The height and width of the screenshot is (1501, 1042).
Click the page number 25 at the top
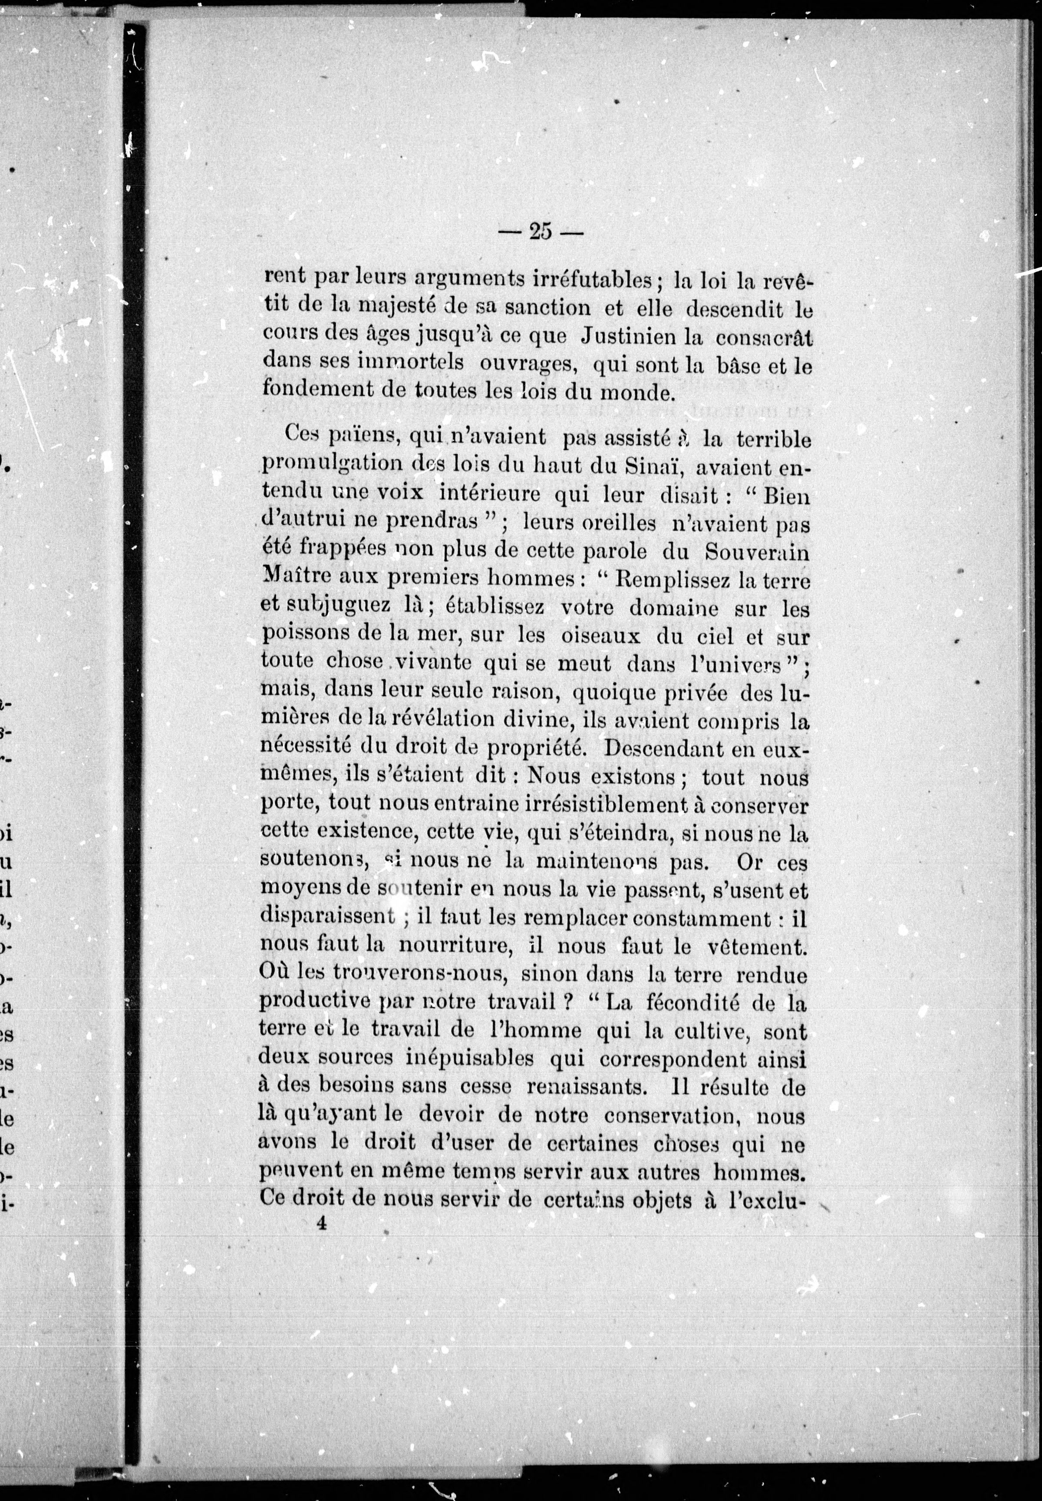[x=540, y=232]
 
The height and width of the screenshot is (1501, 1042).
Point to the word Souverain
[x=757, y=552]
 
